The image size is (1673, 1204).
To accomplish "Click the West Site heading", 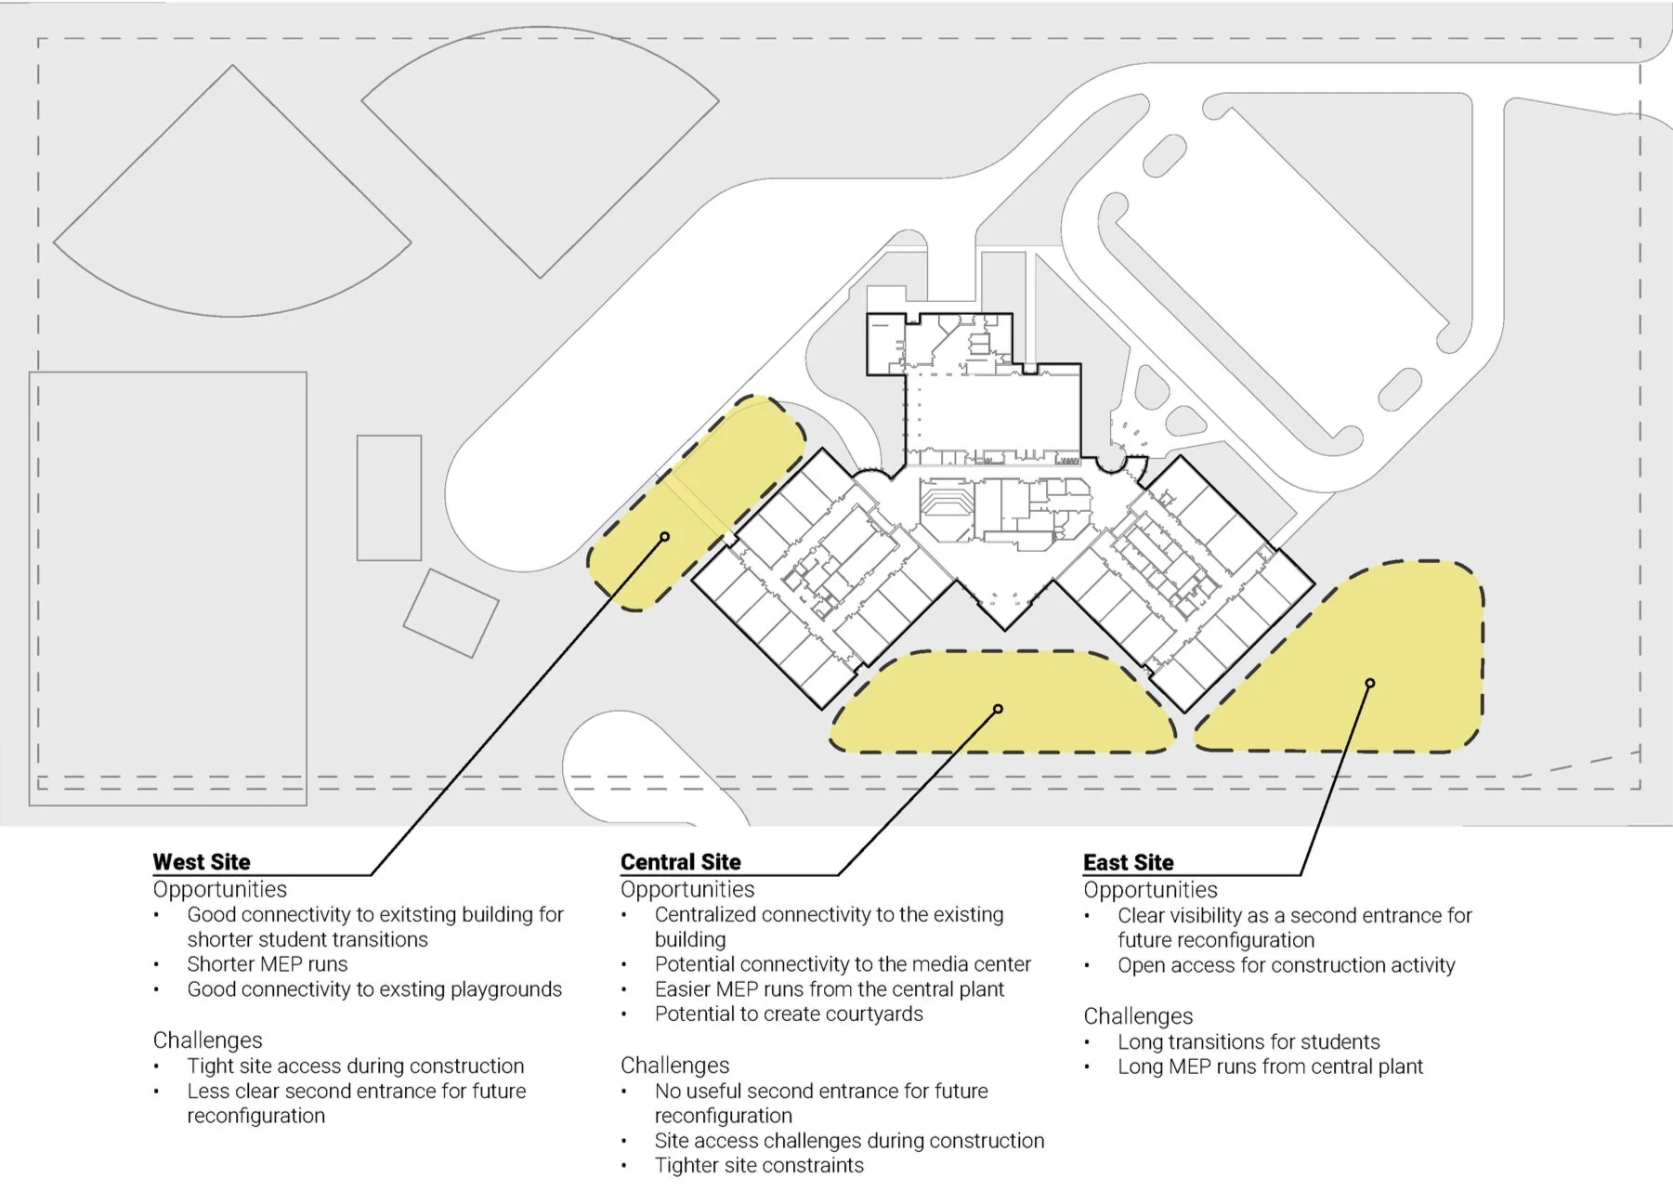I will [202, 861].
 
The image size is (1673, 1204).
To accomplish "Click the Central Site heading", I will [680, 861].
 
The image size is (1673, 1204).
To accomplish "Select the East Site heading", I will [1128, 862].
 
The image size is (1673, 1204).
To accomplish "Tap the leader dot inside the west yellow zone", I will [665, 537].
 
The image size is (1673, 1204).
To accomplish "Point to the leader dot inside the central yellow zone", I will [998, 709].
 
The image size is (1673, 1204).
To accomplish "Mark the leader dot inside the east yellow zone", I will [1369, 684].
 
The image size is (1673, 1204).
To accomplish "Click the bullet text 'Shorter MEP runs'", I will [267, 964].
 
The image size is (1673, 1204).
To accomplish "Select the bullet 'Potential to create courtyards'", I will [788, 1014].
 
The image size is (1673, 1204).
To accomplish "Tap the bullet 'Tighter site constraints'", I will [758, 1165].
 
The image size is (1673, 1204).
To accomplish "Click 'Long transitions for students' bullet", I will [1248, 1041].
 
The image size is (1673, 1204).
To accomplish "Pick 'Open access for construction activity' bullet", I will [1286, 965].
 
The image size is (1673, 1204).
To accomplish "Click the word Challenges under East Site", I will [1137, 1015].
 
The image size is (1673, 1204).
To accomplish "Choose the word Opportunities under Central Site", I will [687, 889].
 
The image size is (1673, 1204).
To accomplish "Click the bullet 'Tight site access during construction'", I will [355, 1066].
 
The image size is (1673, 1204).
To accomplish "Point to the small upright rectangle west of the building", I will [389, 498].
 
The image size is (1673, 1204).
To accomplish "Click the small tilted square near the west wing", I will [451, 613].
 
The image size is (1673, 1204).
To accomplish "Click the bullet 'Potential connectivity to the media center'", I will [842, 964].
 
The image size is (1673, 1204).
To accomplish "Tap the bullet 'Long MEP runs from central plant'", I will [1269, 1067].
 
